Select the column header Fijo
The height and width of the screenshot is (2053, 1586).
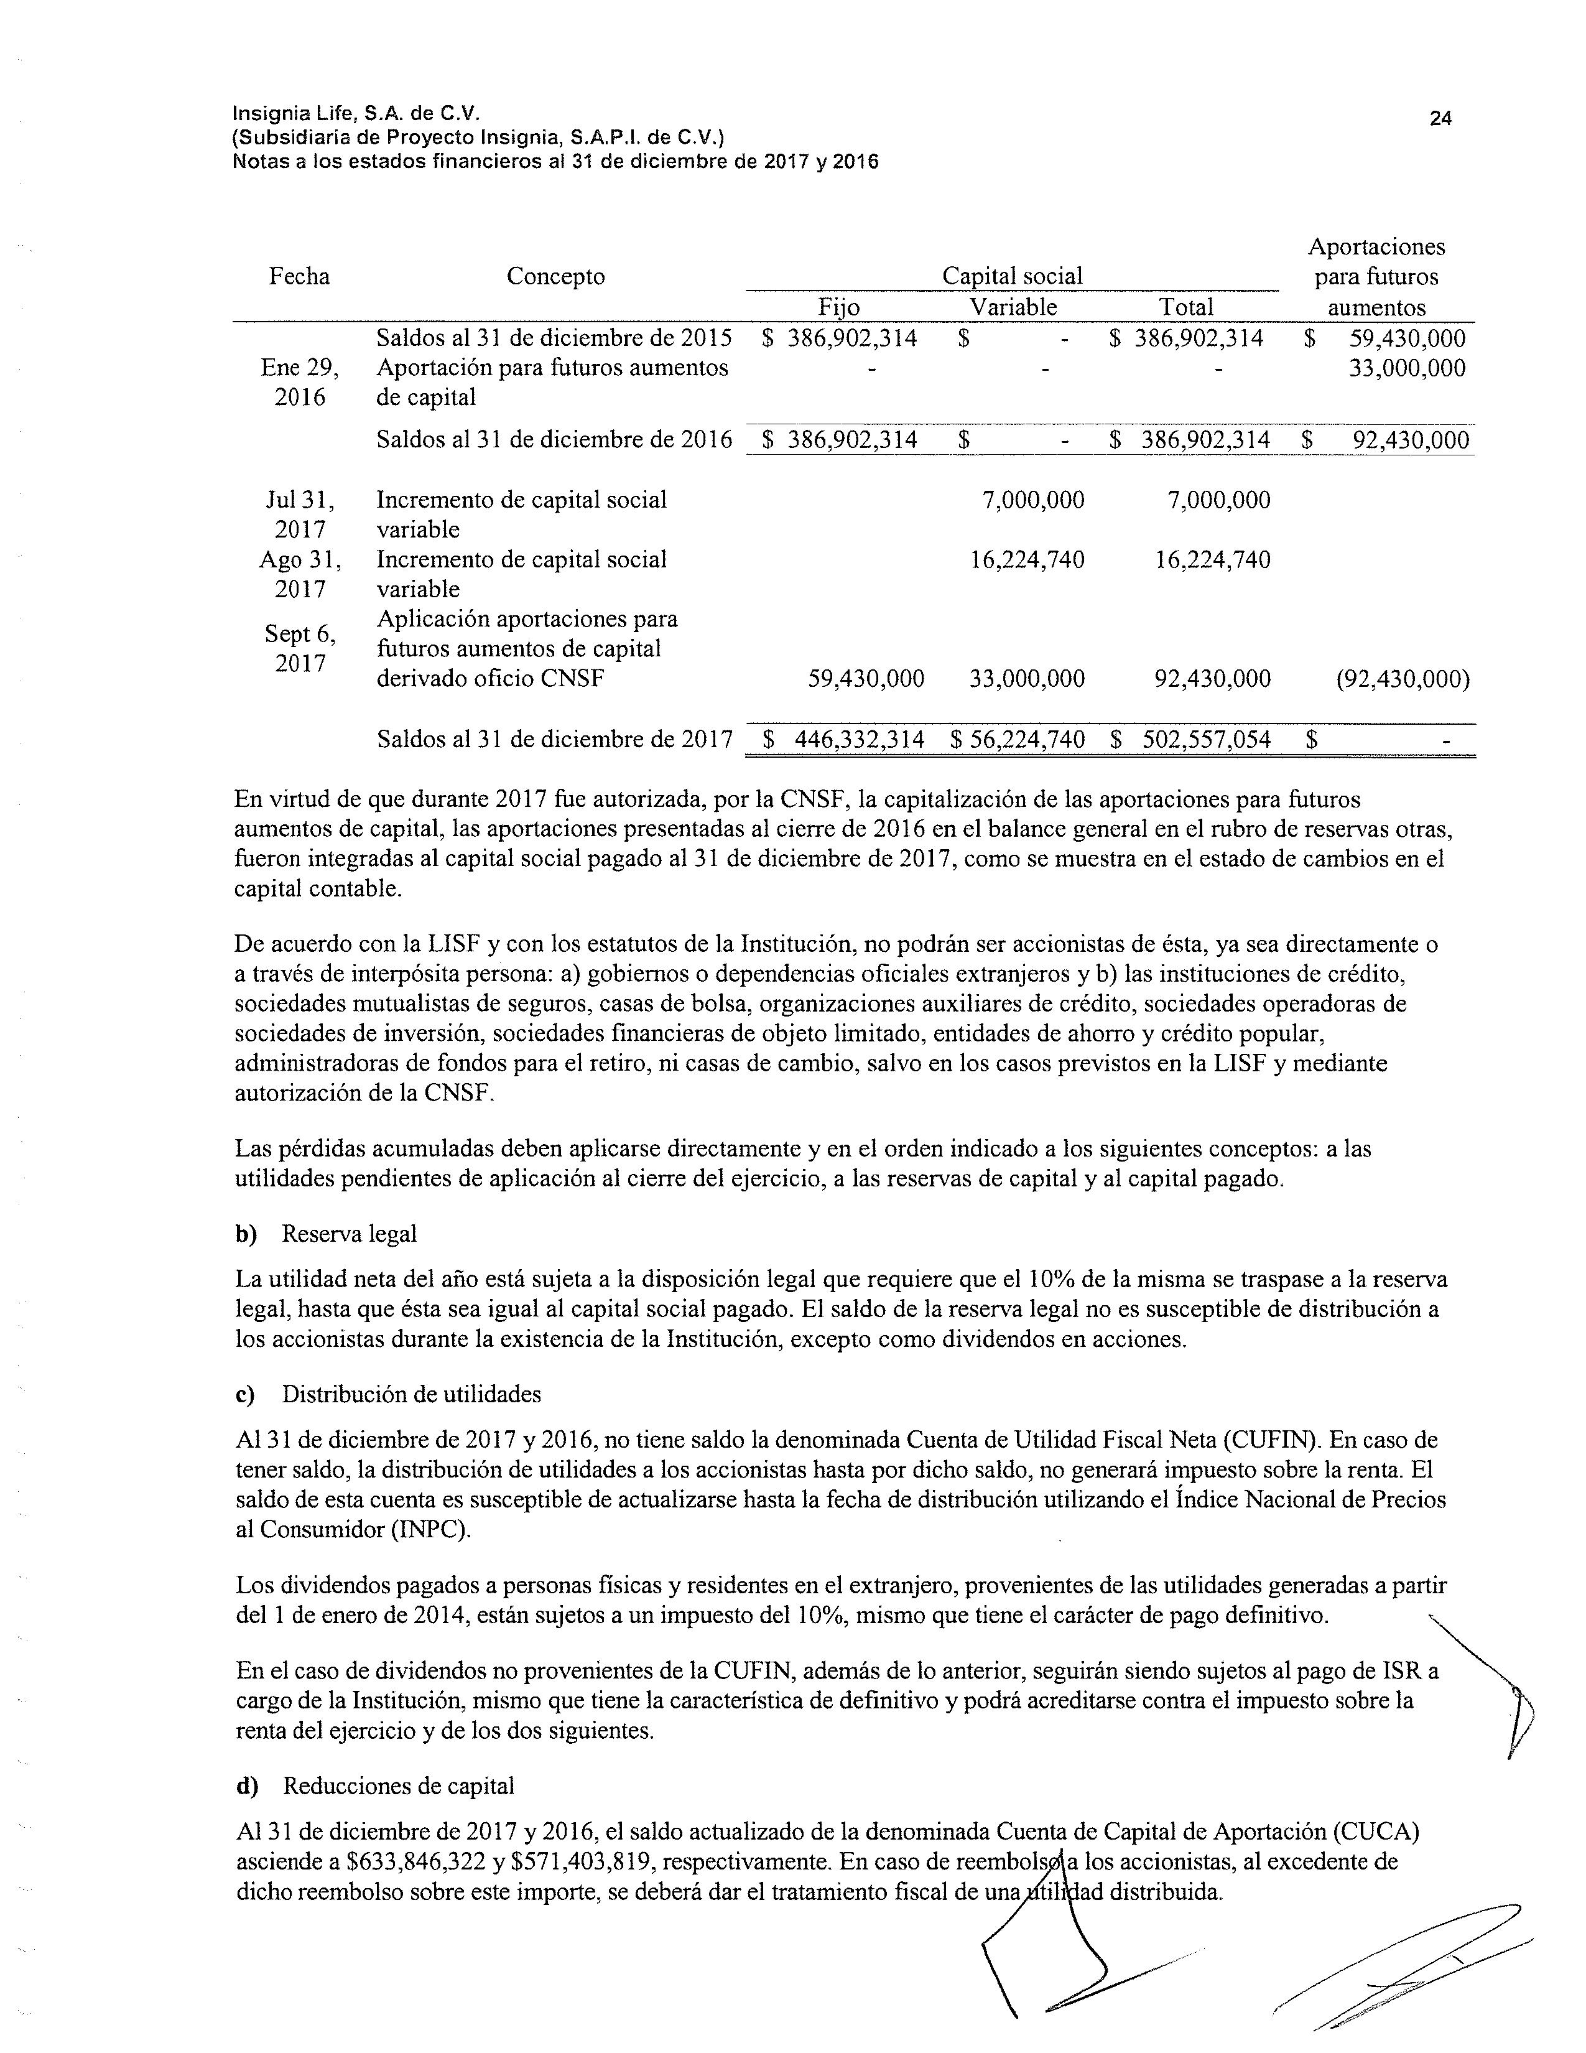coord(839,307)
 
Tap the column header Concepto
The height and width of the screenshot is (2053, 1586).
coord(555,276)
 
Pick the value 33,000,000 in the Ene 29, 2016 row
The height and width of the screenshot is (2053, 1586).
coord(1406,368)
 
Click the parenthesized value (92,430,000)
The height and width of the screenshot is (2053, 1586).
coord(1402,679)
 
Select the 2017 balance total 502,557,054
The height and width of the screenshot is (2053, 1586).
coord(1205,740)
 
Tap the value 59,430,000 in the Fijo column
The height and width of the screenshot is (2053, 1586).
coord(865,679)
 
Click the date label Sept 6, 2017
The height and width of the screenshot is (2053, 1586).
coord(300,649)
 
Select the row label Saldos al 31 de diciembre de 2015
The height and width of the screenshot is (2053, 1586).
coord(554,338)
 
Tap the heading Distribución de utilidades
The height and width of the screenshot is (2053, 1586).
coord(412,1394)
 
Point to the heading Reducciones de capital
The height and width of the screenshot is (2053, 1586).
coord(399,1786)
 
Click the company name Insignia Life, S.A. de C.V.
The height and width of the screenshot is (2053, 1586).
coord(357,114)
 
